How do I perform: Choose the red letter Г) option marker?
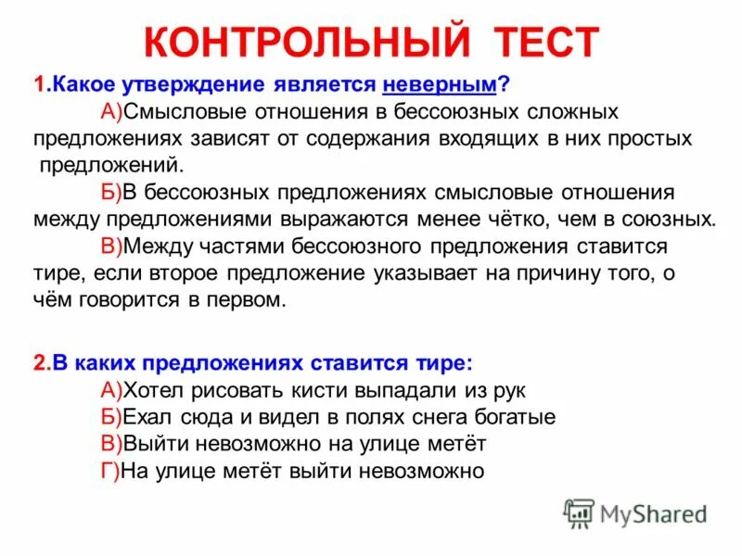(109, 470)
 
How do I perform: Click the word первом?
(248, 301)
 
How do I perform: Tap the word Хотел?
(158, 389)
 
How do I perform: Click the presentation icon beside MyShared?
(579, 513)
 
